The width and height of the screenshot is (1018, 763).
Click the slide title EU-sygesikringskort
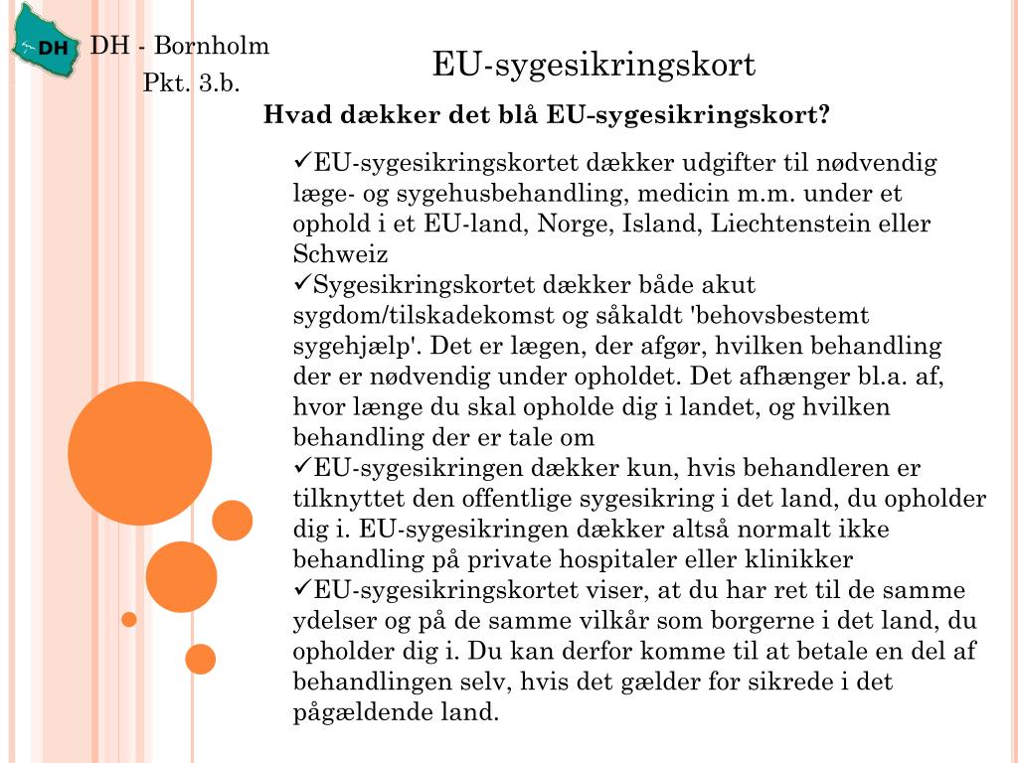click(x=594, y=66)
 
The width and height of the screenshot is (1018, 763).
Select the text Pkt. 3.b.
click(x=192, y=83)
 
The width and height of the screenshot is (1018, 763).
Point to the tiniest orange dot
click(x=128, y=620)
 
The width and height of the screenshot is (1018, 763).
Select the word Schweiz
click(x=340, y=253)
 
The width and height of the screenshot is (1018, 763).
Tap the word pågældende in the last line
click(x=361, y=712)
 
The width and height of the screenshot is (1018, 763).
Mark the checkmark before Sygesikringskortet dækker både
click(x=303, y=283)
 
